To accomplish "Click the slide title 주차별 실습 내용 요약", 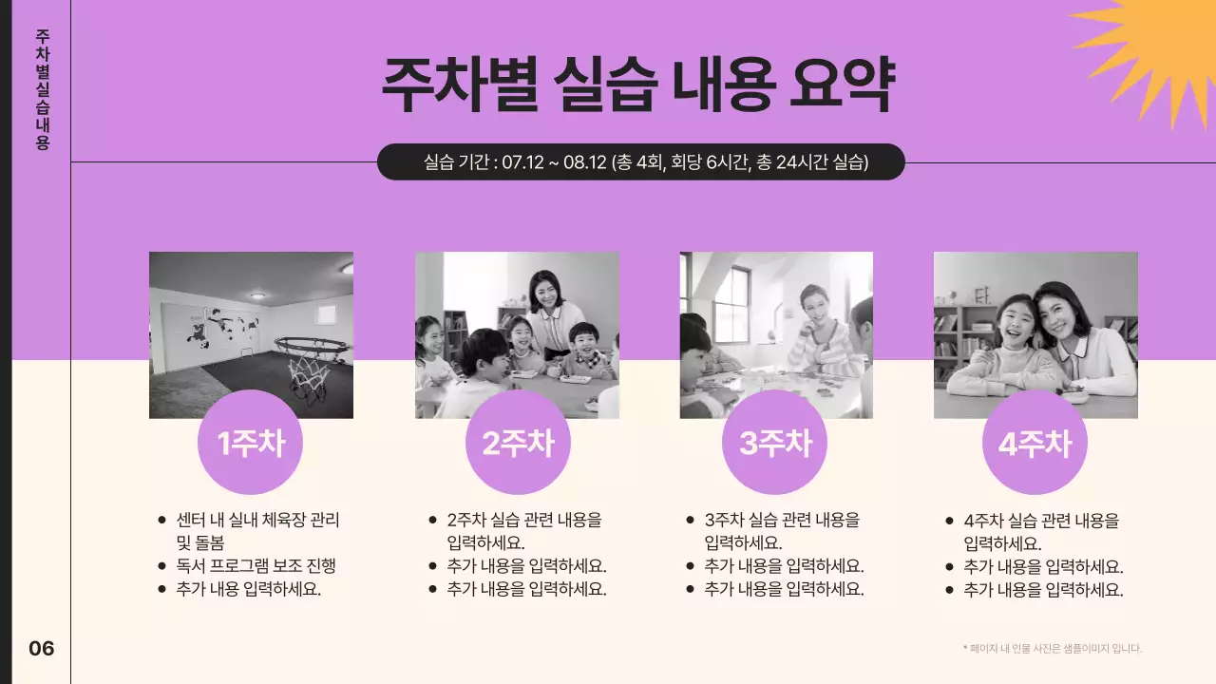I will [637, 85].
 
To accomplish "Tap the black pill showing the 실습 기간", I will [641, 161].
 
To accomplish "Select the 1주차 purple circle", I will [250, 443].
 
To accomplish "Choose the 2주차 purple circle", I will [518, 443].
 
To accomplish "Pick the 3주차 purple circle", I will [774, 443].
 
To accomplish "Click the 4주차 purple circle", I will [1035, 443].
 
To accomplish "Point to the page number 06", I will [42, 649].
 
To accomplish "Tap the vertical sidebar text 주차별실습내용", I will [42, 89].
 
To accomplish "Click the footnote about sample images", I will [1052, 649].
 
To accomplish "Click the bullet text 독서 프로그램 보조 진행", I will [256, 566].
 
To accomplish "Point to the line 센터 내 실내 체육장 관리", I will [257, 521].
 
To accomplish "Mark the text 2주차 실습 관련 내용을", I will [523, 521].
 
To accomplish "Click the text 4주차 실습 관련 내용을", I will [1041, 521].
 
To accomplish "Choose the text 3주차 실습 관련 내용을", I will [782, 521].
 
